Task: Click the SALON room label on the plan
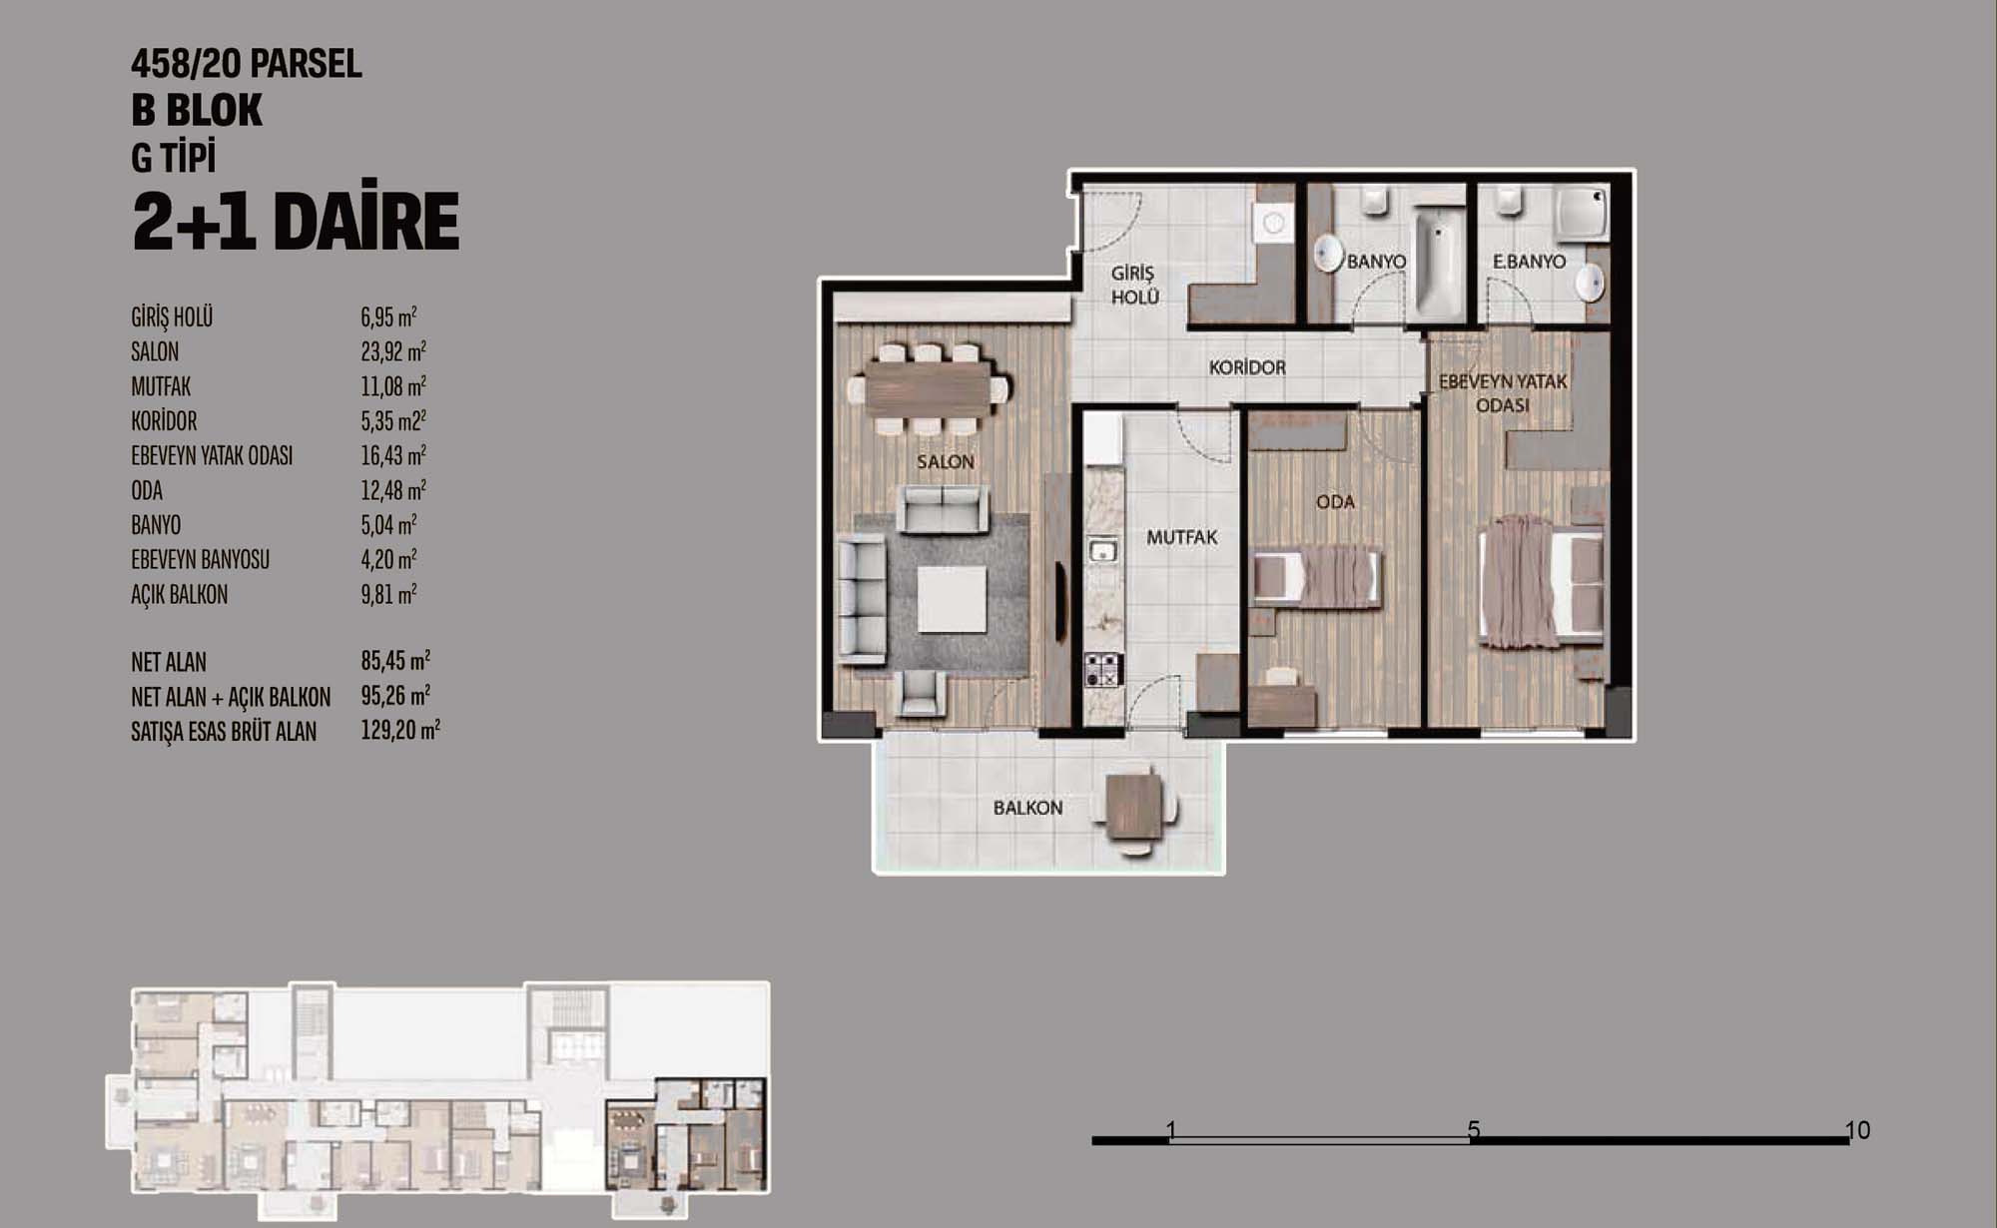945,462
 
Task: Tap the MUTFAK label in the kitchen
1181,537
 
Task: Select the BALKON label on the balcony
1027,808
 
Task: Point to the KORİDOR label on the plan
1247,367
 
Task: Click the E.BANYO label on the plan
1529,262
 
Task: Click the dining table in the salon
928,388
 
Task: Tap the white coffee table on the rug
952,599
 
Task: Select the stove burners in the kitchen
1104,669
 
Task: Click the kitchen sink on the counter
1102,550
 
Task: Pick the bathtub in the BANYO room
1437,267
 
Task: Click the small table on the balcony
1135,807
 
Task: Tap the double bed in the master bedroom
1541,583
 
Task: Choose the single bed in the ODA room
1318,577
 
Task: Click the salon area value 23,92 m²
393,351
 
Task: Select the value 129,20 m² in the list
400,731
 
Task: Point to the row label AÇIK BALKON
180,595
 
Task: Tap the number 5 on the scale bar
1474,1129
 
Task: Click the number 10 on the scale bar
1857,1129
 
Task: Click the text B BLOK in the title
197,110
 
